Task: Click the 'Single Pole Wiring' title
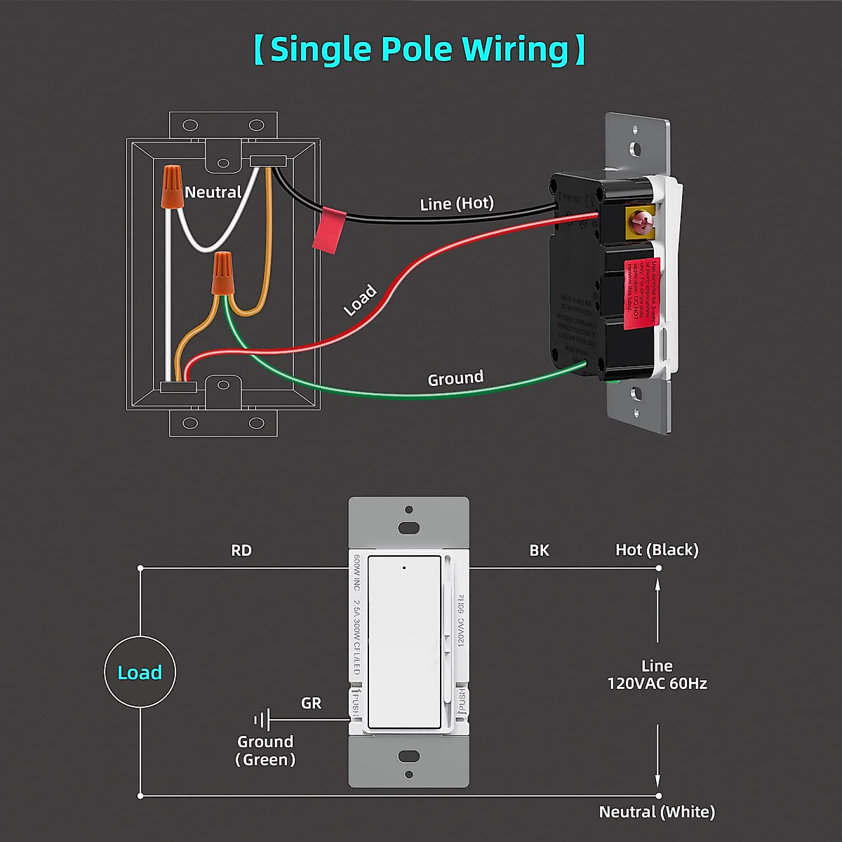pyautogui.click(x=419, y=50)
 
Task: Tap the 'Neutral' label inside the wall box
pyautogui.click(x=213, y=192)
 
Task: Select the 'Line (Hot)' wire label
pyautogui.click(x=457, y=203)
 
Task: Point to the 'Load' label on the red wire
pyautogui.click(x=360, y=300)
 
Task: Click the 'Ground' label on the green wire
pyautogui.click(x=455, y=379)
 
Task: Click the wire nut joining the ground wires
pyautogui.click(x=222, y=274)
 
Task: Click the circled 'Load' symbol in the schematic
pyautogui.click(x=140, y=672)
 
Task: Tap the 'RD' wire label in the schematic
pyautogui.click(x=241, y=551)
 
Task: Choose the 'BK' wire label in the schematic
pyautogui.click(x=539, y=551)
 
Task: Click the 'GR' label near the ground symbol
pyautogui.click(x=311, y=703)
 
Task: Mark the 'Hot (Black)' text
pyautogui.click(x=657, y=550)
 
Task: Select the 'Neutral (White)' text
pyautogui.click(x=657, y=812)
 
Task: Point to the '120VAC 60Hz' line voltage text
pyautogui.click(x=657, y=683)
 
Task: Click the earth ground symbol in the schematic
pyautogui.click(x=261, y=719)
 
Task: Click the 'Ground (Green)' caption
pyautogui.click(x=265, y=751)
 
